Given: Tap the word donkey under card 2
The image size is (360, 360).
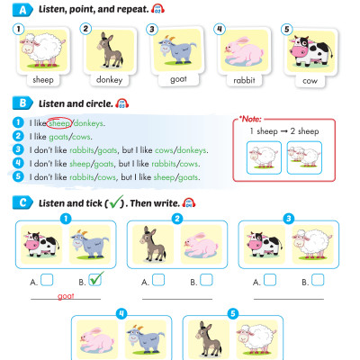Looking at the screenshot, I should click(108, 79).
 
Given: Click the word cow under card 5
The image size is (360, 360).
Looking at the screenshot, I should click(310, 79).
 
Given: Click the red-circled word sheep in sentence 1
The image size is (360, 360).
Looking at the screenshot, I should click(59, 122).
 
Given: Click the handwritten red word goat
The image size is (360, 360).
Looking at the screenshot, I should click(66, 295).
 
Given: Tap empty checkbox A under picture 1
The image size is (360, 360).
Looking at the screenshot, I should click(47, 281).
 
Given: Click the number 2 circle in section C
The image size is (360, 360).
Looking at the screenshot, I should click(177, 219).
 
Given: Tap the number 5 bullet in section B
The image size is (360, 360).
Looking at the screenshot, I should click(19, 177).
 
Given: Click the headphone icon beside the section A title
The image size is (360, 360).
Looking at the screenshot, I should click(157, 9).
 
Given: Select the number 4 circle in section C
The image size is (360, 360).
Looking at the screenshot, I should click(121, 314).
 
